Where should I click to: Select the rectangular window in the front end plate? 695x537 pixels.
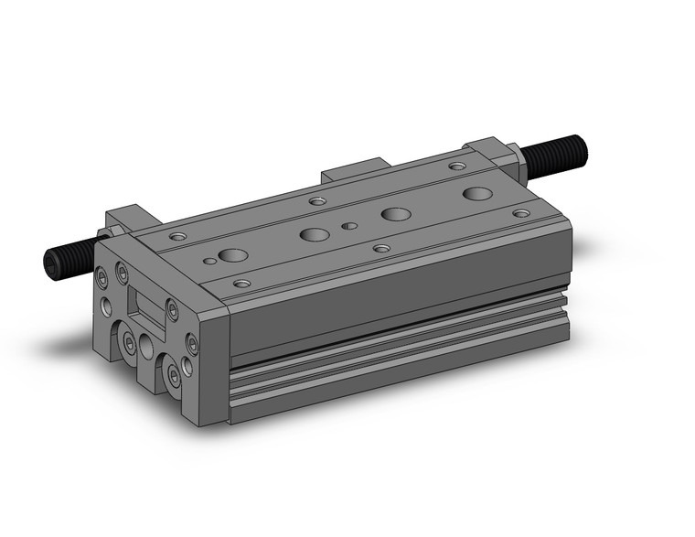click(x=144, y=303)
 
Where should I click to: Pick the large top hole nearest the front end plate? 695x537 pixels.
click(x=231, y=255)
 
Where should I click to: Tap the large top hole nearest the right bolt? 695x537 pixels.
click(x=476, y=193)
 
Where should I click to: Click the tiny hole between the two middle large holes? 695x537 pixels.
click(x=348, y=225)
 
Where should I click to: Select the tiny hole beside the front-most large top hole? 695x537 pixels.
click(x=209, y=262)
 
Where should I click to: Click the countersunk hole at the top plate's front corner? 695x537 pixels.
click(x=241, y=284)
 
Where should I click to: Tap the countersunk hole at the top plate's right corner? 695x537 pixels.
click(x=520, y=213)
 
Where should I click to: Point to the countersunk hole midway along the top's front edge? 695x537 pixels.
click(x=381, y=248)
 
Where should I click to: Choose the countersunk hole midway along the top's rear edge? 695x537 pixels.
click(x=317, y=201)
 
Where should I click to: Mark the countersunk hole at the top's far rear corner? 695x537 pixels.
click(x=456, y=166)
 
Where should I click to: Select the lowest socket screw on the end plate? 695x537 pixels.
click(x=173, y=376)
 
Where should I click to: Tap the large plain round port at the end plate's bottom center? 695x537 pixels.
click(x=147, y=345)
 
